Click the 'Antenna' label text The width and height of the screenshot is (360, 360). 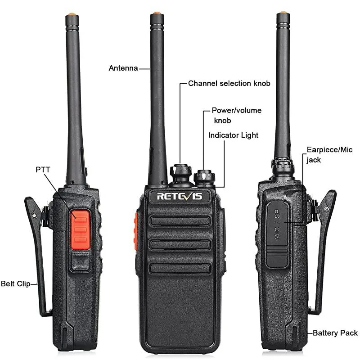point(123,68)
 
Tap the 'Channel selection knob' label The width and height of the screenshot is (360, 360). point(229,83)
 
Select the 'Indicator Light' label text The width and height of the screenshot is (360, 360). point(233,135)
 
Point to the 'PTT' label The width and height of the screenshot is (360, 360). point(43,170)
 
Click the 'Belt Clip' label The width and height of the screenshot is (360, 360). point(16,283)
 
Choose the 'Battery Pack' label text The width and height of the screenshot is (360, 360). point(335,333)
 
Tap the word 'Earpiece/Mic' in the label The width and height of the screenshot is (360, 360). point(329,150)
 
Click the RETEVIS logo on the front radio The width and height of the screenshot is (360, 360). point(180,196)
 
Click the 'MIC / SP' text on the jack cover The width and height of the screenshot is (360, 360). point(277,225)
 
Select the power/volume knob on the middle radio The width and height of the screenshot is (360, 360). point(204,177)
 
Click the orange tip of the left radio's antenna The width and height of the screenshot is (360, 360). point(72,14)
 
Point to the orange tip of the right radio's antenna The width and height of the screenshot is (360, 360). point(283,12)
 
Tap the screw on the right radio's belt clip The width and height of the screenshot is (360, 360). point(326,209)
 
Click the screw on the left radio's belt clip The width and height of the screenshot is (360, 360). point(35,215)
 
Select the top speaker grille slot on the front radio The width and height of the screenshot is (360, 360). point(180,221)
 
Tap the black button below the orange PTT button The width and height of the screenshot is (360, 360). point(80,261)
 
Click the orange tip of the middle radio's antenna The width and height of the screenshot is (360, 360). point(157,13)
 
